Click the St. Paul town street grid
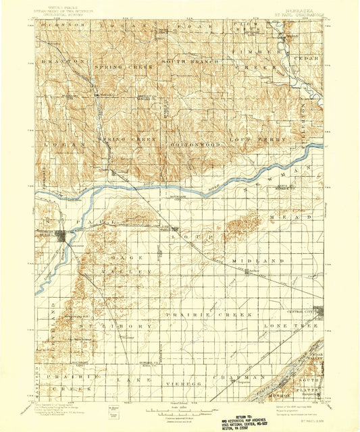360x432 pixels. coord(62,236)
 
